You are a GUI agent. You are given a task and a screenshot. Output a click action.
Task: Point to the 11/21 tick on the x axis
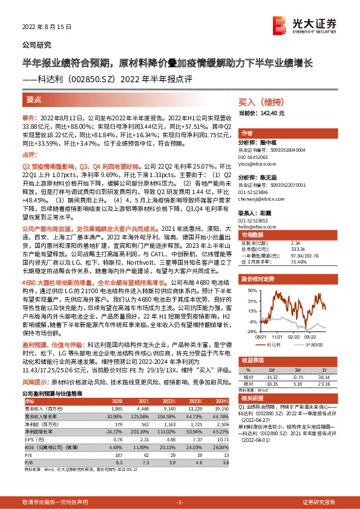277,337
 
